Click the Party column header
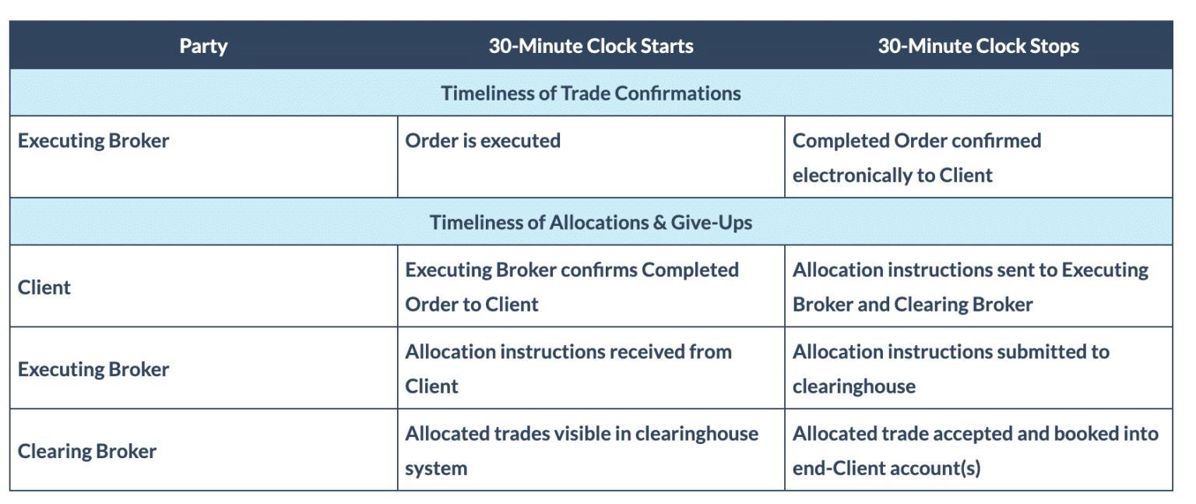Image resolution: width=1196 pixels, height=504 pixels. click(203, 46)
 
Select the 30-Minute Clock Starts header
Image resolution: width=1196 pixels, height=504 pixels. click(591, 46)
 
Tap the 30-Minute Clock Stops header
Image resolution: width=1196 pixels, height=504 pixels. click(978, 46)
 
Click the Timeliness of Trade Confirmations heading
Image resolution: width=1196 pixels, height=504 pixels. click(591, 93)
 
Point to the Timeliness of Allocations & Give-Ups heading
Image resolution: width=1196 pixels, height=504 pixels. click(591, 223)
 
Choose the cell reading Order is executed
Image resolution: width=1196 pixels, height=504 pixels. click(483, 141)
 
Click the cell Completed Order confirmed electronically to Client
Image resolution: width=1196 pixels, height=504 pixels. click(916, 157)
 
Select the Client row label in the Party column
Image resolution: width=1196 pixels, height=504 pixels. click(44, 287)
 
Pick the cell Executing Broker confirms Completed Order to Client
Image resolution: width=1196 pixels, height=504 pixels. click(572, 287)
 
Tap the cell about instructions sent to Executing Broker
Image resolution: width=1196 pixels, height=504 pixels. click(970, 287)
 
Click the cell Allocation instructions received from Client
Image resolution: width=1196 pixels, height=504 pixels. click(568, 368)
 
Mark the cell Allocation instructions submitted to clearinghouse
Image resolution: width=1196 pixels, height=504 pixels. click(951, 368)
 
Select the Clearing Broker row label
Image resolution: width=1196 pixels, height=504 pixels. click(87, 451)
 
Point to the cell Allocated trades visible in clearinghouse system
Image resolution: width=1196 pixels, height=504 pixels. click(582, 450)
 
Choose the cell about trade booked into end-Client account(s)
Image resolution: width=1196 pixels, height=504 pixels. click(975, 450)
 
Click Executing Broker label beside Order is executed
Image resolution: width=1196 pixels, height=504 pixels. click(93, 141)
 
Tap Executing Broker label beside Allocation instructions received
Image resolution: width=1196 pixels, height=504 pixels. click(93, 369)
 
